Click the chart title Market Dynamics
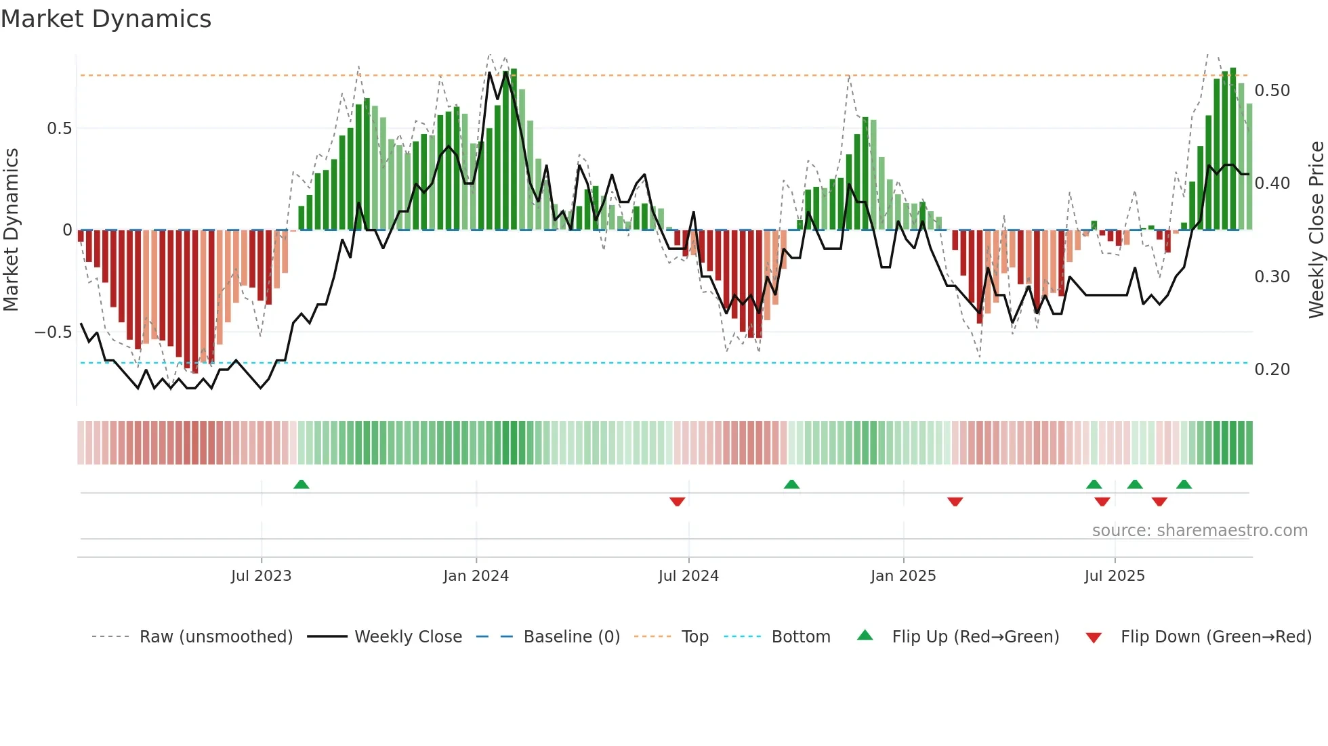(x=106, y=19)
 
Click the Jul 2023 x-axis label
(x=261, y=576)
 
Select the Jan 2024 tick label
(x=476, y=576)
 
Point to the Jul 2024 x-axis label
(x=688, y=576)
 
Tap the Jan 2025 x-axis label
(x=903, y=576)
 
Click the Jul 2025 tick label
(x=1115, y=576)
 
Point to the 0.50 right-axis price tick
(x=1272, y=91)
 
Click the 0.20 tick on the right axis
(x=1272, y=370)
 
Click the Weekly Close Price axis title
(x=1316, y=230)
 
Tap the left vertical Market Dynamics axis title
(x=11, y=230)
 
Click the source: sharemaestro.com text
(x=1199, y=531)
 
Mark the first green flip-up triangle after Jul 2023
(x=302, y=484)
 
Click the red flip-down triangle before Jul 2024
(x=677, y=502)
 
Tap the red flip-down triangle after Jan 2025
(x=955, y=502)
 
